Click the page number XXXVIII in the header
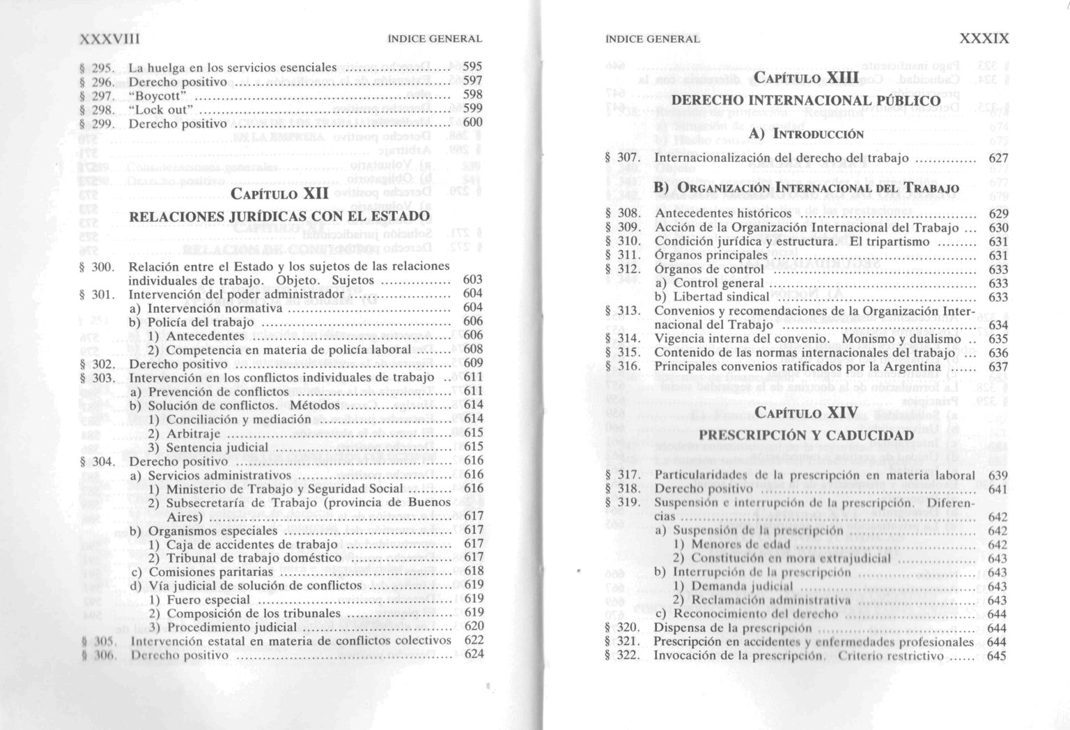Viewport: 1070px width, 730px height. [110, 39]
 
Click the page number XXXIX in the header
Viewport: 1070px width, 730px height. [984, 39]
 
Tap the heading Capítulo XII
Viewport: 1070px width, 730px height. [279, 193]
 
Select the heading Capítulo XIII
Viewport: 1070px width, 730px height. [806, 77]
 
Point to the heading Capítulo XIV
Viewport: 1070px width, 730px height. [806, 413]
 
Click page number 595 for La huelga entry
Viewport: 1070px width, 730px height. [472, 67]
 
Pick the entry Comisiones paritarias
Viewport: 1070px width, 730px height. [201, 572]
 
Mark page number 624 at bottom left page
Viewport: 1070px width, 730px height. [474, 654]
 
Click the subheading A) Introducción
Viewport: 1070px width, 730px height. [806, 133]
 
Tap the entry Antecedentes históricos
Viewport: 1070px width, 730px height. [722, 213]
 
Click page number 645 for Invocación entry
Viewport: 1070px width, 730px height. [998, 656]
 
